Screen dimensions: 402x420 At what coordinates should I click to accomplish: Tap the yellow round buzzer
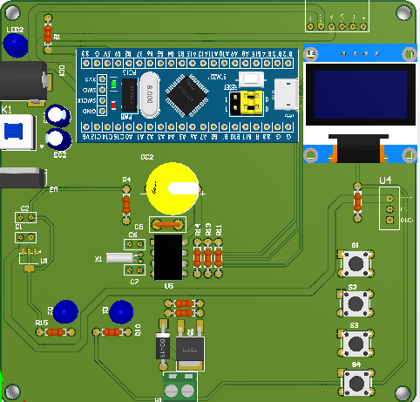pyautogui.click(x=172, y=187)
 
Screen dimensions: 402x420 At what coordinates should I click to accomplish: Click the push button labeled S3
pyautogui.click(x=355, y=343)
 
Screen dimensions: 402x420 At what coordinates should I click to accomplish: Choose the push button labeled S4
pyautogui.click(x=355, y=381)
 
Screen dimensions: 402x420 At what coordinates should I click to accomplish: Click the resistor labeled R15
pyautogui.click(x=55, y=332)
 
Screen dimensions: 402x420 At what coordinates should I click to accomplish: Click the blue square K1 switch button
pyautogui.click(x=14, y=133)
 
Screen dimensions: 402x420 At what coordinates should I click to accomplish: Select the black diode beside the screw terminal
pyautogui.click(x=162, y=347)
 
